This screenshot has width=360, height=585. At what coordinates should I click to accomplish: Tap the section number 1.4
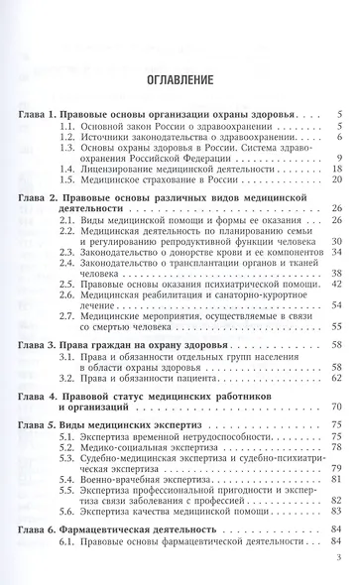66,169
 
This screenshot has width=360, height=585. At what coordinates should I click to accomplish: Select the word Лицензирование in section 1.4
127,169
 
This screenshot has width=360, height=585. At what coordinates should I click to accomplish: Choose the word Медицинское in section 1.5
117,180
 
